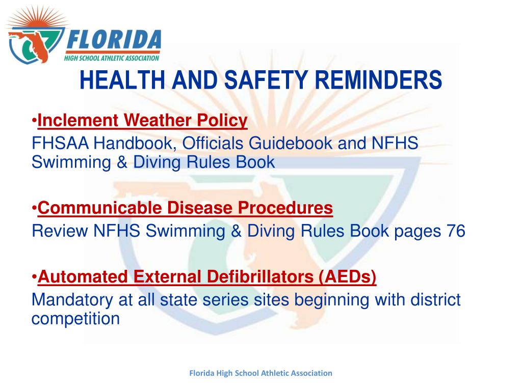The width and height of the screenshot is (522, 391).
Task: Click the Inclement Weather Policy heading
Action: pyautogui.click(x=142, y=121)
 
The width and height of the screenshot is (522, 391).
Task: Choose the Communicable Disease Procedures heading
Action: pyautogui.click(x=185, y=208)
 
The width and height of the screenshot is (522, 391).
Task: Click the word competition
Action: pyautogui.click(x=75, y=319)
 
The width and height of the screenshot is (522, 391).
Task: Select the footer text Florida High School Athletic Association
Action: pyautogui.click(x=260, y=373)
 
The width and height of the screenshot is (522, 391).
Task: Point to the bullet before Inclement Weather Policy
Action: pyautogui.click(x=34, y=121)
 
